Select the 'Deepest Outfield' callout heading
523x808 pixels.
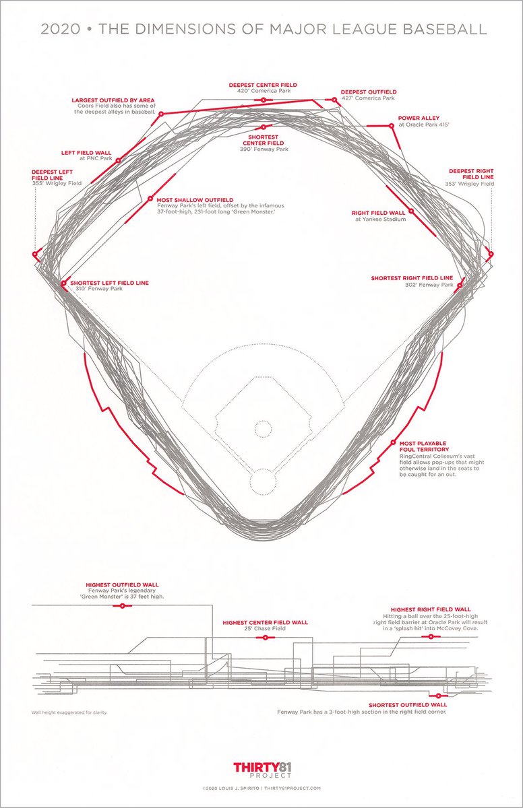(368, 92)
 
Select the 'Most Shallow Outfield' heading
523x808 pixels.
(195, 200)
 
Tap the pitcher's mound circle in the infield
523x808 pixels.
(262, 428)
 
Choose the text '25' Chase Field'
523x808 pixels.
(265, 629)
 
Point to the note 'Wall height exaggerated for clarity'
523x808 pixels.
(69, 712)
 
